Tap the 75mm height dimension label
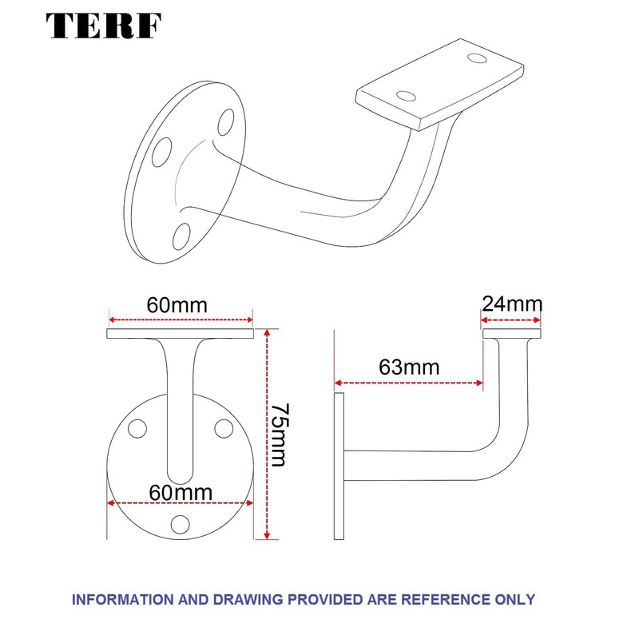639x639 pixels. point(280,435)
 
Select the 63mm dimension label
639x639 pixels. point(409,367)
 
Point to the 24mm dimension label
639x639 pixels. point(512,304)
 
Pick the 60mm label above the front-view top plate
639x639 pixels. point(177,305)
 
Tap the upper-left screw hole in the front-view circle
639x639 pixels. point(138,429)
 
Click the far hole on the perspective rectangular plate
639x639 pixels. point(478,58)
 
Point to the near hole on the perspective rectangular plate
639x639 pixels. point(407,96)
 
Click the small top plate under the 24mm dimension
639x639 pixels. point(512,333)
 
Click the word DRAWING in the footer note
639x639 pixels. point(253,598)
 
